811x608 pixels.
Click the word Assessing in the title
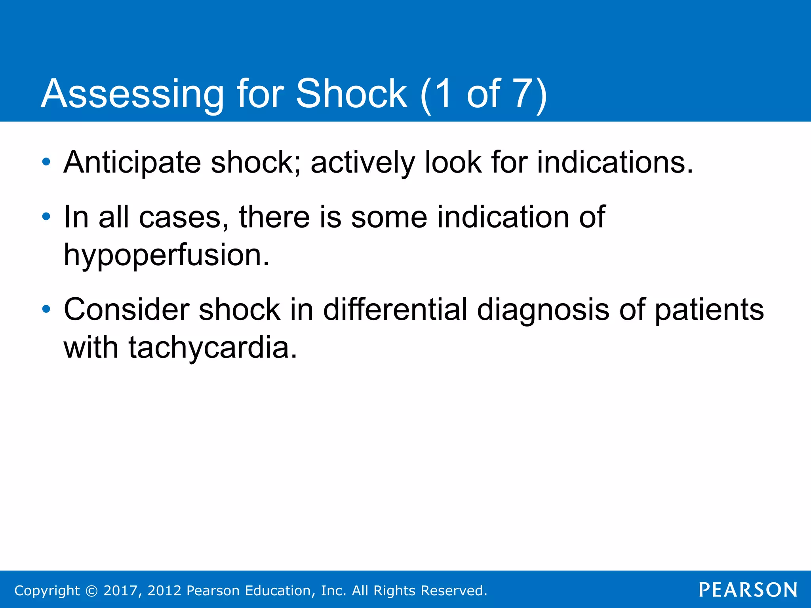tap(132, 94)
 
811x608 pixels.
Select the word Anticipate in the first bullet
tap(132, 163)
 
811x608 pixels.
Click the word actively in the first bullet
tap(362, 163)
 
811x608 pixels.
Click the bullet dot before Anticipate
tap(46, 162)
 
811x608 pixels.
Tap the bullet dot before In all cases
tap(46, 217)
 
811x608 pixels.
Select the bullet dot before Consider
tap(46, 309)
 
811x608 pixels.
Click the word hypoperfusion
tap(166, 256)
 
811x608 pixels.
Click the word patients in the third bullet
tap(709, 310)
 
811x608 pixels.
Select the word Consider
tap(126, 310)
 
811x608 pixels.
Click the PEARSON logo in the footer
tap(748, 590)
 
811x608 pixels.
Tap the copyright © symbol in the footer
tap(91, 591)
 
